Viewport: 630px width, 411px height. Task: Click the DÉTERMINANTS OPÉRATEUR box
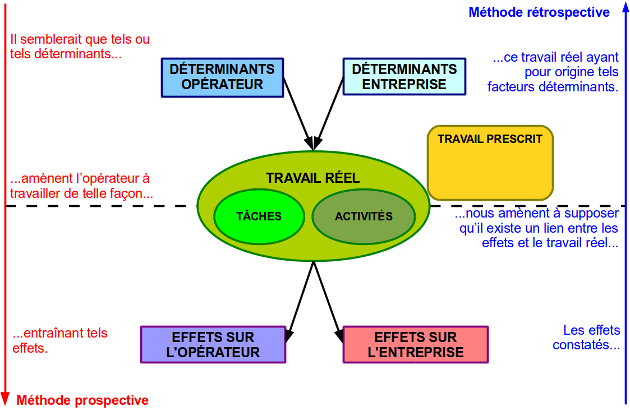[x=222, y=77]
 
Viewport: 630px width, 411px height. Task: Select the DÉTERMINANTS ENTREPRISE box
[x=404, y=76]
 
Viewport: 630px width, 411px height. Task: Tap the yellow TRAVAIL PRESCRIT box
[x=490, y=163]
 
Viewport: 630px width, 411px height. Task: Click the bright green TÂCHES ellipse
[x=259, y=216]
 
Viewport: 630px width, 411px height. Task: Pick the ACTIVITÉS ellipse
[x=364, y=216]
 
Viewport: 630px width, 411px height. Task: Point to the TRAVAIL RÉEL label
[x=312, y=178]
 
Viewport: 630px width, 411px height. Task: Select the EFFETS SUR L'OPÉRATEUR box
[x=213, y=344]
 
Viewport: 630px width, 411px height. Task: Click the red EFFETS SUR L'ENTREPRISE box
[x=416, y=344]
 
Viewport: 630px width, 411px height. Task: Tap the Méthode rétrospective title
[x=539, y=12]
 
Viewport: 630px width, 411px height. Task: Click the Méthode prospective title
[x=82, y=400]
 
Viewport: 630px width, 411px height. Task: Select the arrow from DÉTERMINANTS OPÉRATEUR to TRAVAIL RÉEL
[x=298, y=114]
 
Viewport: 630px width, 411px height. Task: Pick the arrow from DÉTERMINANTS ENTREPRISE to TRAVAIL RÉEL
[x=329, y=114]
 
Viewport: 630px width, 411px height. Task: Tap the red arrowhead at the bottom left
[x=5, y=399]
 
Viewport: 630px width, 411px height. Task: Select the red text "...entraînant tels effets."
[x=60, y=340]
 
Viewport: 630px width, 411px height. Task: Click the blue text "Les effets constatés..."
[x=586, y=338]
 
